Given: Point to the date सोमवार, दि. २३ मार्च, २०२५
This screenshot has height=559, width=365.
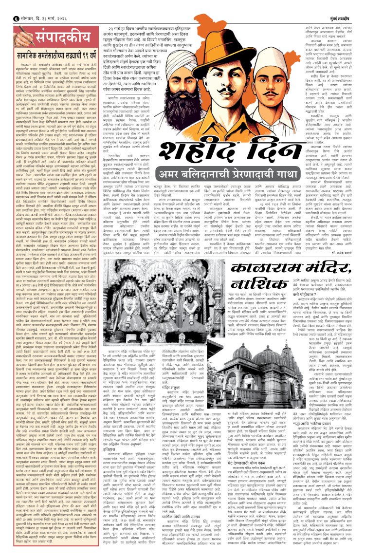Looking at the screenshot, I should [36, 5].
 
